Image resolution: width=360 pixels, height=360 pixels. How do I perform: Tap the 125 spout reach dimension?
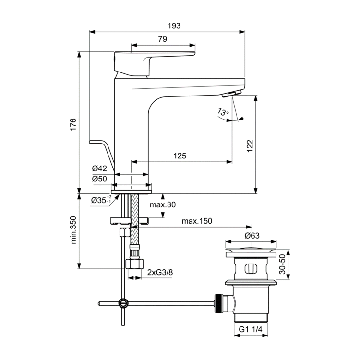click(180, 156)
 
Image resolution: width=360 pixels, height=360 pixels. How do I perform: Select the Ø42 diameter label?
click(99, 168)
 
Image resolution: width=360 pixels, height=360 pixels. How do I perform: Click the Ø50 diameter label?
click(99, 179)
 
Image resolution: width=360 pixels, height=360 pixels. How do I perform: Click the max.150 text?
click(197, 221)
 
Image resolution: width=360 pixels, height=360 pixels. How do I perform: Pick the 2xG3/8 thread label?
click(160, 272)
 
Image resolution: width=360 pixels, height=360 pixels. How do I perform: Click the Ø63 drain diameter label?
click(252, 236)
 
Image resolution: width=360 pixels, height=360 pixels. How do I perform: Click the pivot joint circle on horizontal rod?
click(123, 303)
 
